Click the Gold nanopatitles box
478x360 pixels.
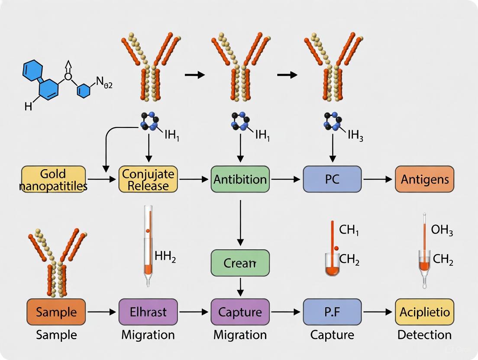(53, 179)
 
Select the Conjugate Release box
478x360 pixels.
(148, 179)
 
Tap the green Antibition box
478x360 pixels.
(240, 179)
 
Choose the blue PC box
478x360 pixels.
(332, 179)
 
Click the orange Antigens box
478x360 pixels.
(424, 179)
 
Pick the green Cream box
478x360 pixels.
(240, 263)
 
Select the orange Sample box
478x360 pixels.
(56, 312)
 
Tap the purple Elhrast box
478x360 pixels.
(148, 312)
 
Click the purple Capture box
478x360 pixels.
(240, 312)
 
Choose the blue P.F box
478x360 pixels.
(332, 312)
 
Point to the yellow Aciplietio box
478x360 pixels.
(424, 312)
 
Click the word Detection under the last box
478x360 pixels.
(424, 334)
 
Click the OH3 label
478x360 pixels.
(442, 231)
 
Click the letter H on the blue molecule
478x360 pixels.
(28, 106)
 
